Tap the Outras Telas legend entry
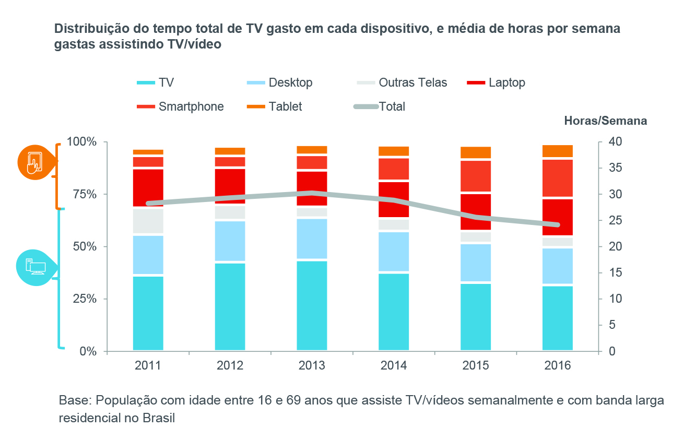403,82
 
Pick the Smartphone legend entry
180,106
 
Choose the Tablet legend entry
275,106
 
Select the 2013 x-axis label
312,365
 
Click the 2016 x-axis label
558,365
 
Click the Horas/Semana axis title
605,121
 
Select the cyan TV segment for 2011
148,313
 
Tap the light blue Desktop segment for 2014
394,252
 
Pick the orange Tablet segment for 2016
558,151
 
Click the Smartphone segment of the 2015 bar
476,176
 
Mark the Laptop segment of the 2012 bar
230,186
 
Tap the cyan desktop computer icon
36,266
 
